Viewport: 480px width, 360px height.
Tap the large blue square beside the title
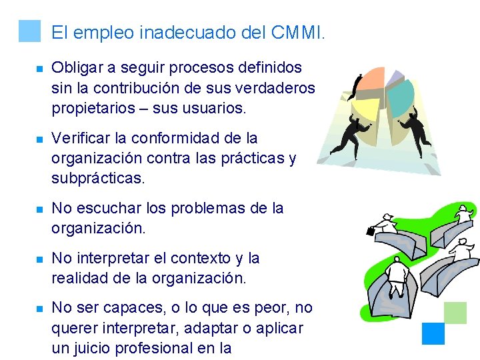click(30, 31)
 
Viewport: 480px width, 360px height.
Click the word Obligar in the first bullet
click(77, 68)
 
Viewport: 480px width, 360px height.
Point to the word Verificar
click(79, 138)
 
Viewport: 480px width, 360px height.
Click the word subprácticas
click(96, 179)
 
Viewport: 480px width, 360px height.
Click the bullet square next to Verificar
click(39, 139)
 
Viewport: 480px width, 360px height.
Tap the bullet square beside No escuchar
click(39, 209)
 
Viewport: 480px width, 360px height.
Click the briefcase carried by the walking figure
click(371, 231)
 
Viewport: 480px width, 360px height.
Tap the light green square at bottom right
click(455, 313)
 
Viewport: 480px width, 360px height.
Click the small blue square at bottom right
click(434, 333)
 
